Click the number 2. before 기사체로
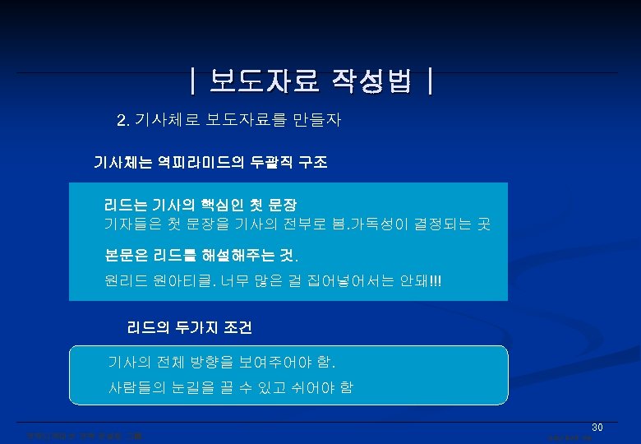coord(123,122)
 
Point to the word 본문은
coord(125,253)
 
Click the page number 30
coord(597,428)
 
